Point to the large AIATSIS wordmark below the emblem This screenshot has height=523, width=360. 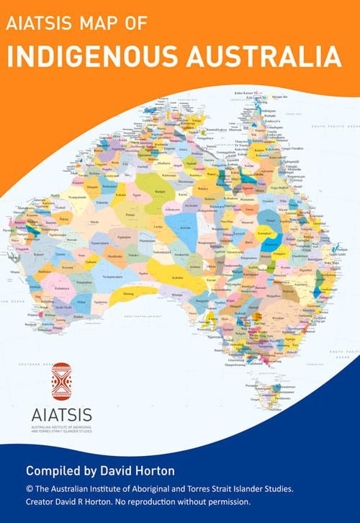[61, 416]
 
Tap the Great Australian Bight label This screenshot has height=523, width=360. [151, 316]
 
